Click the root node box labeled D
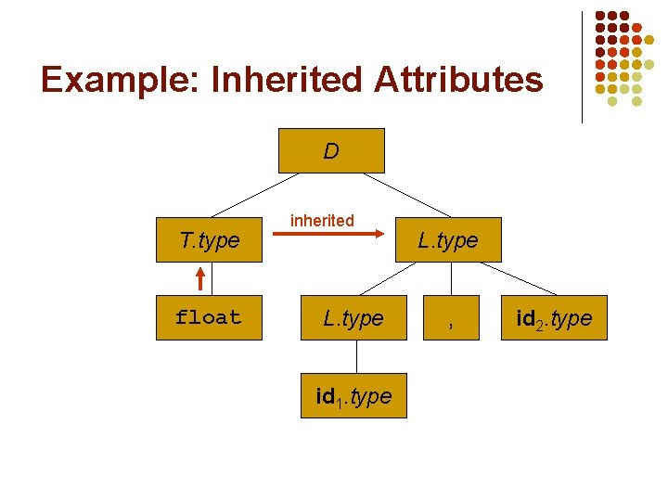click(x=331, y=150)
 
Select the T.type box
click(x=210, y=240)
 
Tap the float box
click(x=209, y=318)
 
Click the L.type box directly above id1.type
click(x=353, y=318)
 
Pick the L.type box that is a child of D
click(x=448, y=240)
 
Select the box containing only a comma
click(x=451, y=318)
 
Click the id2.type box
click(x=555, y=318)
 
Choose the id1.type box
click(x=353, y=396)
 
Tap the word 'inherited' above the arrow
click(x=322, y=220)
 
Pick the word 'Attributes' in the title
click(x=458, y=80)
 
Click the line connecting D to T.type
click(x=246, y=195)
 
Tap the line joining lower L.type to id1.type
click(x=353, y=356)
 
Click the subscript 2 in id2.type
click(x=539, y=324)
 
